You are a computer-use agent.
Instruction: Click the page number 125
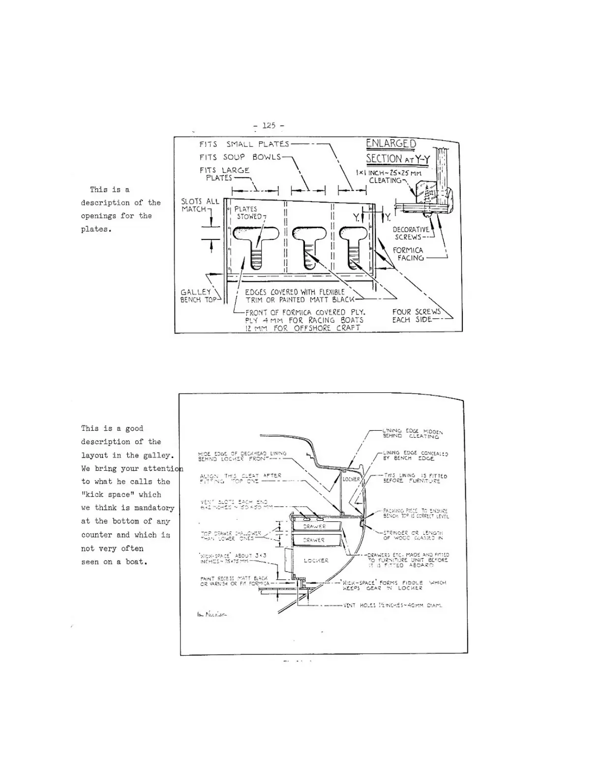point(269,125)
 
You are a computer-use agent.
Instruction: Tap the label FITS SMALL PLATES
point(244,144)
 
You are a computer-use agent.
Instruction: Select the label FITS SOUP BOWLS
point(240,157)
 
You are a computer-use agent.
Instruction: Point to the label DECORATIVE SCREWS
point(411,233)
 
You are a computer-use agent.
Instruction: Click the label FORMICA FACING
point(408,254)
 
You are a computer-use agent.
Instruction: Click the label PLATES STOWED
point(247,212)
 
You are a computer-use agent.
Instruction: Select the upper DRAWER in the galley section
point(315,526)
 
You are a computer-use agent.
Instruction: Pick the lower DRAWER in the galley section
point(315,540)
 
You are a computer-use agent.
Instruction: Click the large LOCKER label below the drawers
point(316,560)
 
